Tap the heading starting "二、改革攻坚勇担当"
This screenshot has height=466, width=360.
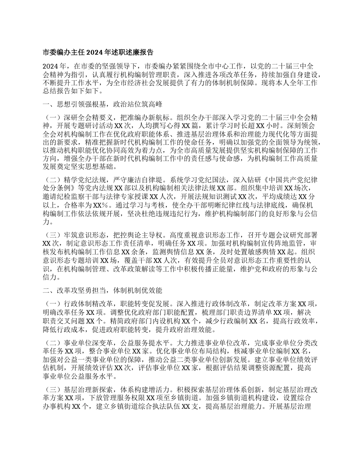point(102,291)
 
